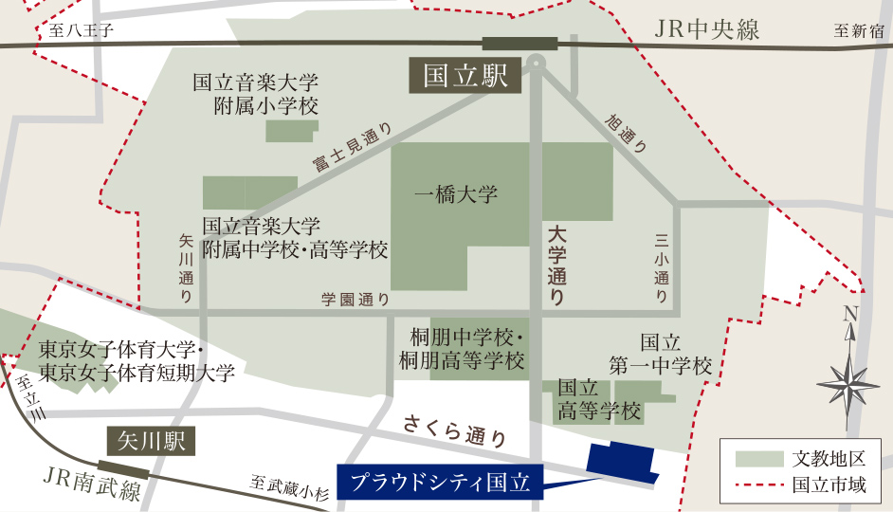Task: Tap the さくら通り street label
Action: click(455, 430)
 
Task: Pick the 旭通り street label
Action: click(627, 134)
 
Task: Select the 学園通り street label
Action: click(355, 299)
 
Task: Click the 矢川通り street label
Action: click(186, 269)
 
